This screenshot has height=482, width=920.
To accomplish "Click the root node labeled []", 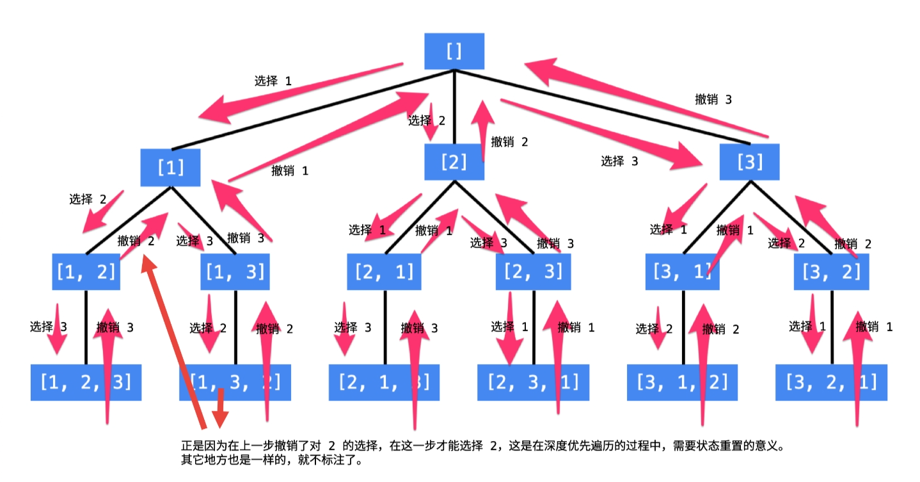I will [x=454, y=51].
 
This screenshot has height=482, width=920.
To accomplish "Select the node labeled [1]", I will [x=171, y=168].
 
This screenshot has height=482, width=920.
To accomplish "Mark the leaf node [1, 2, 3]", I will [x=86, y=382].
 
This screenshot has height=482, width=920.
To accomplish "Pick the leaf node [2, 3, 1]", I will [x=533, y=382].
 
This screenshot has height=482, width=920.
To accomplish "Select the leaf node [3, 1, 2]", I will [x=682, y=382].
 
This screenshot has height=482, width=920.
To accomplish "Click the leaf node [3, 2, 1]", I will [x=831, y=382].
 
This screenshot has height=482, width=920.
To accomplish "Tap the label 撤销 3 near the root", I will [x=713, y=100].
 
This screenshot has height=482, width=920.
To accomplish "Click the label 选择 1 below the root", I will [x=273, y=81].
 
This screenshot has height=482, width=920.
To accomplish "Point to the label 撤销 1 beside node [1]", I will [x=290, y=171].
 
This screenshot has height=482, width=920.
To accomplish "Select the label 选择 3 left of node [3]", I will [x=619, y=161].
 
